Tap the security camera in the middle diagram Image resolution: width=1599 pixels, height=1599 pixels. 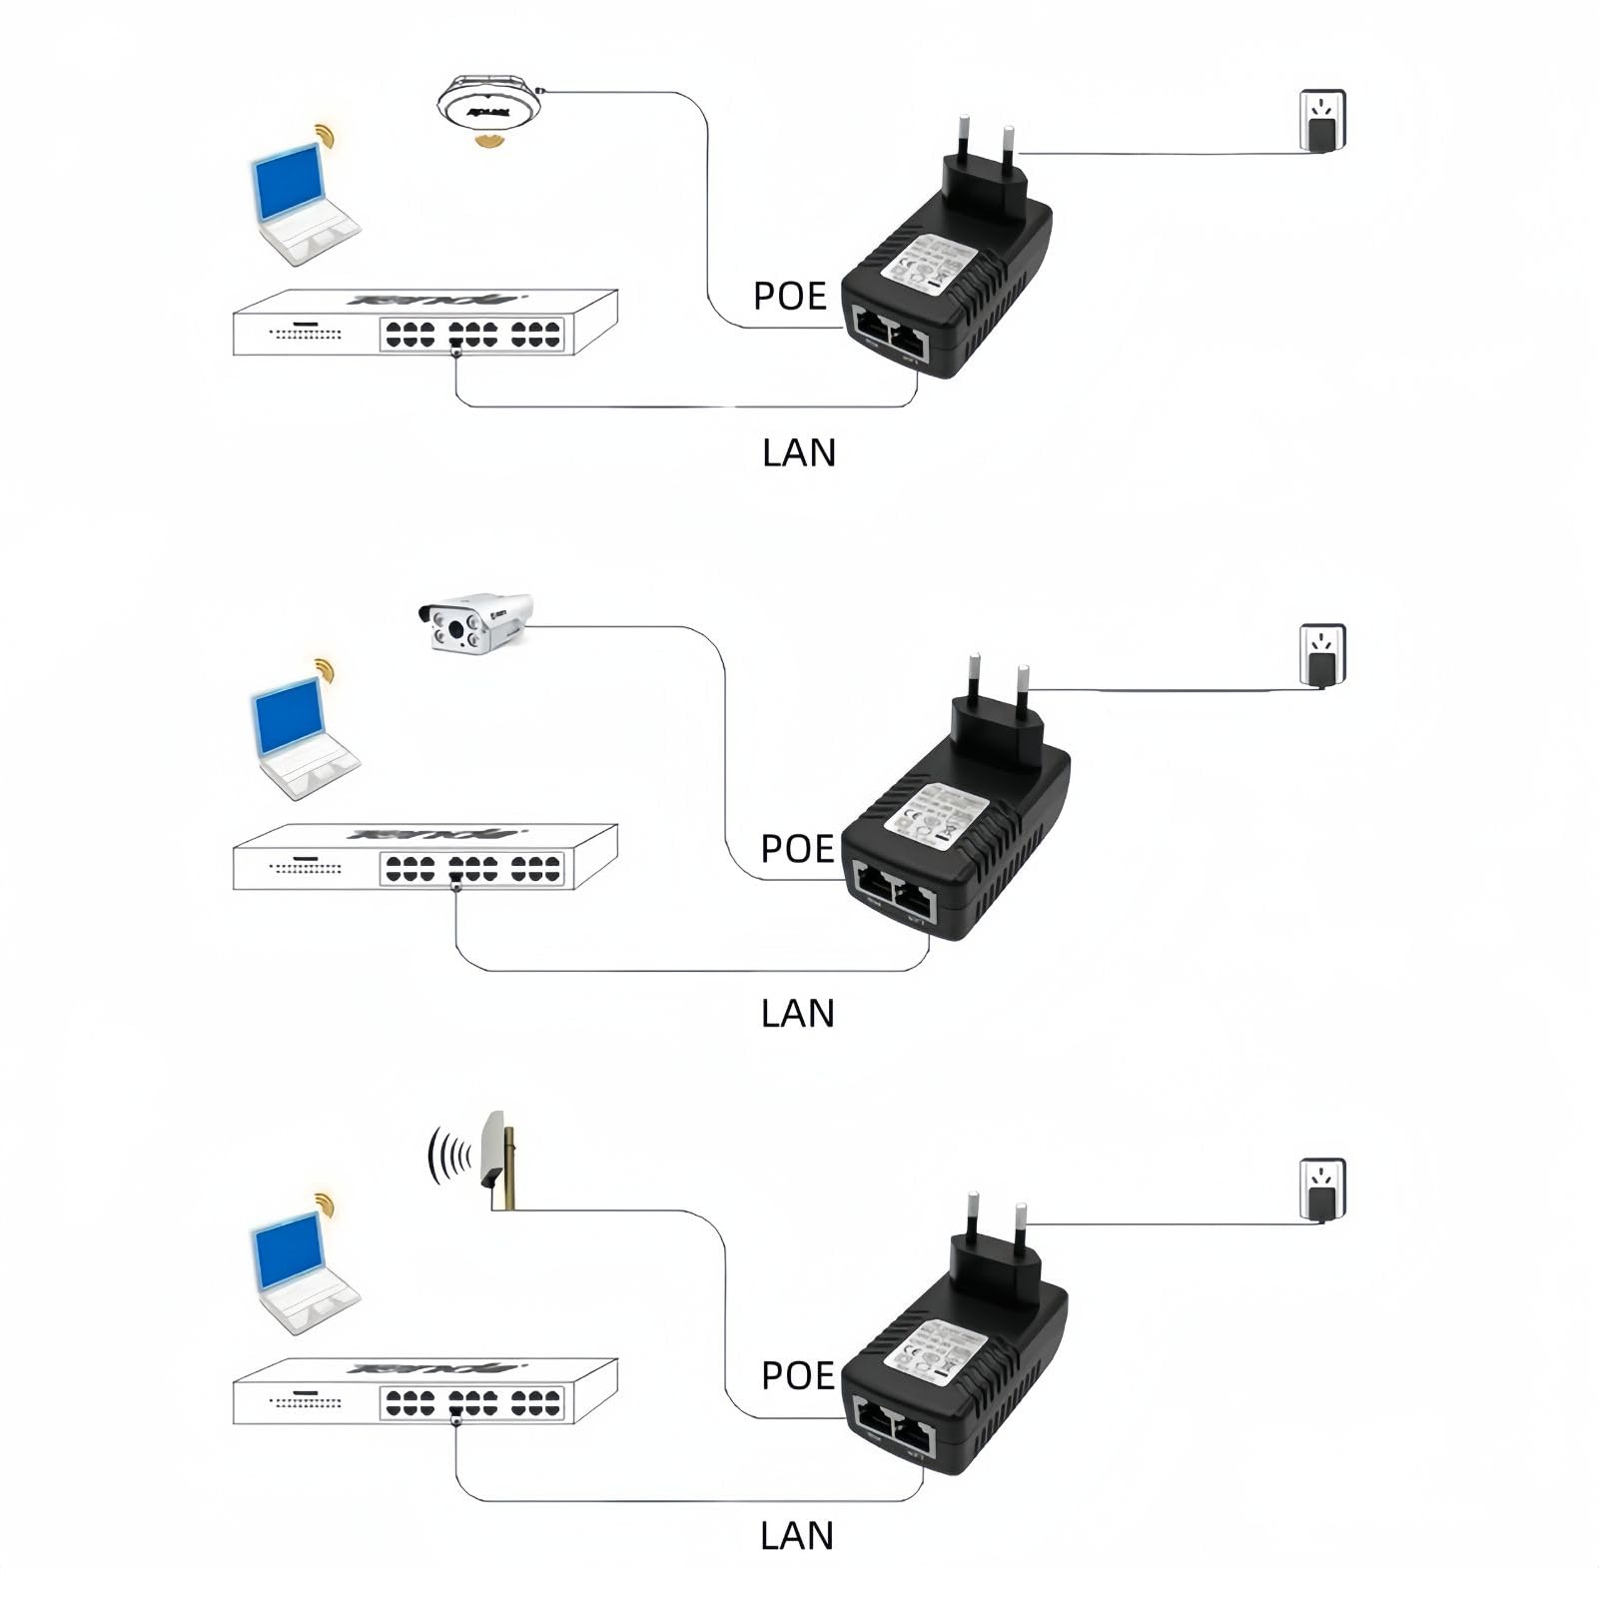tap(474, 623)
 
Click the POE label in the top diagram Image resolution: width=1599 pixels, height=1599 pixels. tap(789, 297)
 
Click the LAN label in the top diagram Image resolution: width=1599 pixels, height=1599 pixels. tap(798, 452)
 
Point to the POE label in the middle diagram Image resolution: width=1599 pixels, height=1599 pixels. tap(796, 849)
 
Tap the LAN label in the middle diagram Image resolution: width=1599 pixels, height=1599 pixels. tap(797, 1014)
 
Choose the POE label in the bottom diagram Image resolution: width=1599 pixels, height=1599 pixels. tap(797, 1375)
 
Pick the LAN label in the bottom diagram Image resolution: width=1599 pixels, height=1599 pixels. tap(796, 1536)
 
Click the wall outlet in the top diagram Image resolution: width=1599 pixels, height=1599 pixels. tap(1321, 121)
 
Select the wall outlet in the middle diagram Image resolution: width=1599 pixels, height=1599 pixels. tap(1322, 655)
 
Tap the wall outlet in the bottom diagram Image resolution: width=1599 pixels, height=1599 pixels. tap(1322, 1190)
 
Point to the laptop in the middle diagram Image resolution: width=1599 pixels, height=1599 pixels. tap(300, 734)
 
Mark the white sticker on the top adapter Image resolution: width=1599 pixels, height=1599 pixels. tap(930, 262)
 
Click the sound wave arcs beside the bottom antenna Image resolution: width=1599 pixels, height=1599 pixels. tap(449, 1157)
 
